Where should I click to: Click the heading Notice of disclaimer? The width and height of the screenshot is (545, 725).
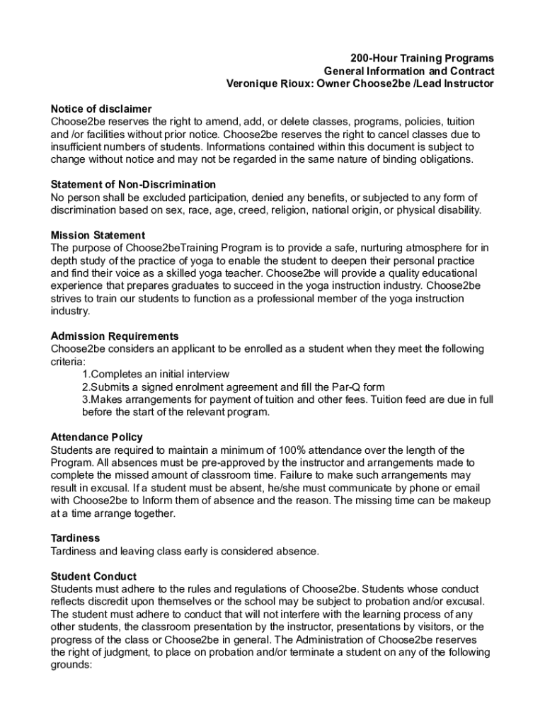101,109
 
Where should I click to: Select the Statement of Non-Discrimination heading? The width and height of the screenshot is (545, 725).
134,185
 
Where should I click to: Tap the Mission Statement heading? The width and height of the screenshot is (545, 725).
98,235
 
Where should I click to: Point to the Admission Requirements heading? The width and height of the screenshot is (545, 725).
115,336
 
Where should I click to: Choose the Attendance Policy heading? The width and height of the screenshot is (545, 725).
97,438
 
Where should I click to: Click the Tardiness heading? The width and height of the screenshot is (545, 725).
76,538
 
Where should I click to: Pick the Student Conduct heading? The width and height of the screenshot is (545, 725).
94,576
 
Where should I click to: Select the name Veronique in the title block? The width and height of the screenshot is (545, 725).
251,84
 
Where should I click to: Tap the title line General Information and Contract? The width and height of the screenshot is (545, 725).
409,71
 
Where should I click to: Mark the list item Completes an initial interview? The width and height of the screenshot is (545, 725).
156,375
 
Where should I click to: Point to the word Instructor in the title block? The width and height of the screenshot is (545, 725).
469,84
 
